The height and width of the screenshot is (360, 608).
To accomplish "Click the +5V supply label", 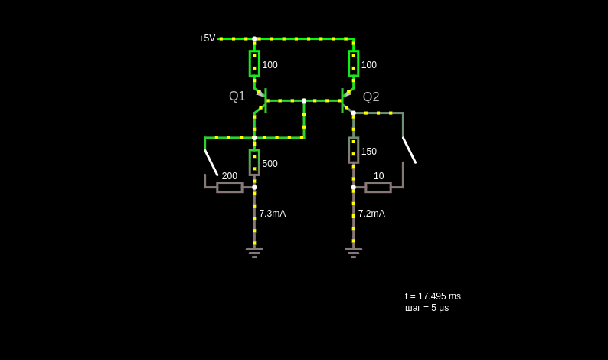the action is click(207, 38).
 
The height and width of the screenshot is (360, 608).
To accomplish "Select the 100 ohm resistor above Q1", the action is click(254, 64).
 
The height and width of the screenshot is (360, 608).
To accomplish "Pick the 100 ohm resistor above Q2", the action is click(353, 64).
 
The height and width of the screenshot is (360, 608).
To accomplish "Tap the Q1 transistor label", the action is click(237, 96).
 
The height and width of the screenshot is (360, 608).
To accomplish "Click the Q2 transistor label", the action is click(371, 97).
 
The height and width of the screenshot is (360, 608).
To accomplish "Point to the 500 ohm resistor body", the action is click(254, 162).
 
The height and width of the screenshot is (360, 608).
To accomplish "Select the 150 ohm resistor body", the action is click(353, 150).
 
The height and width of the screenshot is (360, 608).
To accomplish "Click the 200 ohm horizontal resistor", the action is click(230, 188).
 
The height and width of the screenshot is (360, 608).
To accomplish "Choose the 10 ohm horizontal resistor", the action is click(378, 188).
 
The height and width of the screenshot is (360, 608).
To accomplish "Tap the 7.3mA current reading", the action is click(272, 214).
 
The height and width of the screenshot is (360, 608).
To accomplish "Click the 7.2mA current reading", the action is click(371, 214).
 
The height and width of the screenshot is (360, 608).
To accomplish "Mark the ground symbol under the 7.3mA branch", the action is click(254, 253).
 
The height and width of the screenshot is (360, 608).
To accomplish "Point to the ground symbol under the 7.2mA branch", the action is click(353, 253).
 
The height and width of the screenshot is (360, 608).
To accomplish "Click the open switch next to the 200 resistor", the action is click(211, 162).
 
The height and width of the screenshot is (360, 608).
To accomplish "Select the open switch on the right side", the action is click(410, 150).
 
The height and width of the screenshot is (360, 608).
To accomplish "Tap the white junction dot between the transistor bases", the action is click(304, 100).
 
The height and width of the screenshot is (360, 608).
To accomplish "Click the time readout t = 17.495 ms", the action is click(433, 296).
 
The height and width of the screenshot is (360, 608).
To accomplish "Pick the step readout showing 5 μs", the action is click(427, 308).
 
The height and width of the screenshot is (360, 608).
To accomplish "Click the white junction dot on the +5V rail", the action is click(254, 39).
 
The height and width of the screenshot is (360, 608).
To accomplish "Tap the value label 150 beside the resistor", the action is click(369, 152).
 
